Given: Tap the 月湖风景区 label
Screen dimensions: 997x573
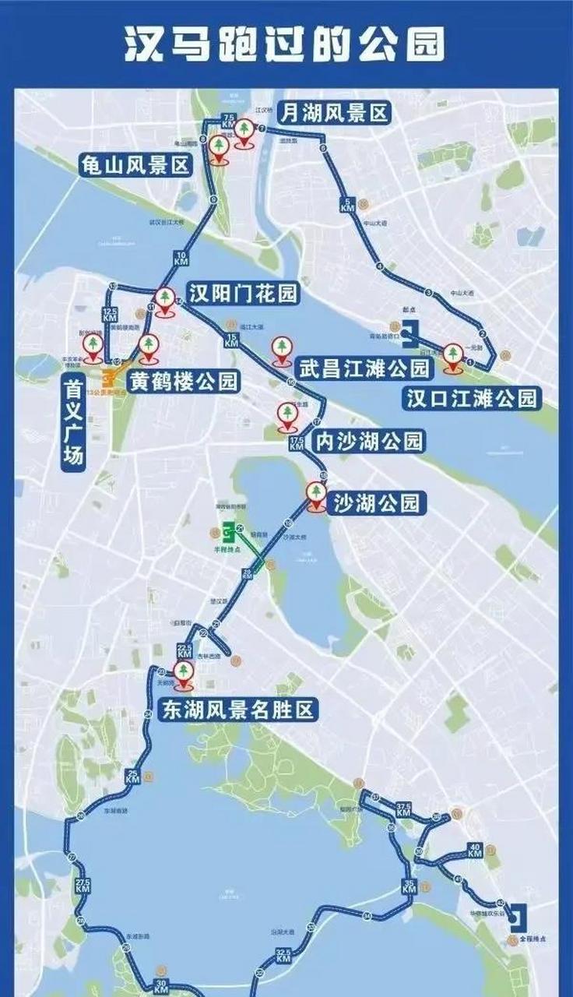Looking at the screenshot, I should coord(334,114).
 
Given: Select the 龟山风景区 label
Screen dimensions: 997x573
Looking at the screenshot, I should coord(136,165).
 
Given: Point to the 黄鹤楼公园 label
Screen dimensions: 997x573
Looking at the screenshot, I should coord(182,381).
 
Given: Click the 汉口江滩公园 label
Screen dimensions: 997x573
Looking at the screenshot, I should coord(472,398).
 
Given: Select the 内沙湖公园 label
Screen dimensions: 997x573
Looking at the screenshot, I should coord(368,442).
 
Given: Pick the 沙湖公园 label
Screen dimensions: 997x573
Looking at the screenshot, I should coord(376,502).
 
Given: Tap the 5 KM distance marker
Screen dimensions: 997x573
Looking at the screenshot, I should coord(346,206).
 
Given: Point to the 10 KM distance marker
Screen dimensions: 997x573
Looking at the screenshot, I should coord(181,259).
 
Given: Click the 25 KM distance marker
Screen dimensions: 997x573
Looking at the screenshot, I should coord(132,776).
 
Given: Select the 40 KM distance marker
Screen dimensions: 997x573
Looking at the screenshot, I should coord(474,850).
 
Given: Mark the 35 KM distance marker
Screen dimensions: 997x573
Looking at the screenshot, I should coord(410,885).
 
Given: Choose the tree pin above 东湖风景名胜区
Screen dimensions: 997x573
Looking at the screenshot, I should coord(184,675).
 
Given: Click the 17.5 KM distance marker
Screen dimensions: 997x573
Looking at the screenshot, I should coord(296,444).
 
